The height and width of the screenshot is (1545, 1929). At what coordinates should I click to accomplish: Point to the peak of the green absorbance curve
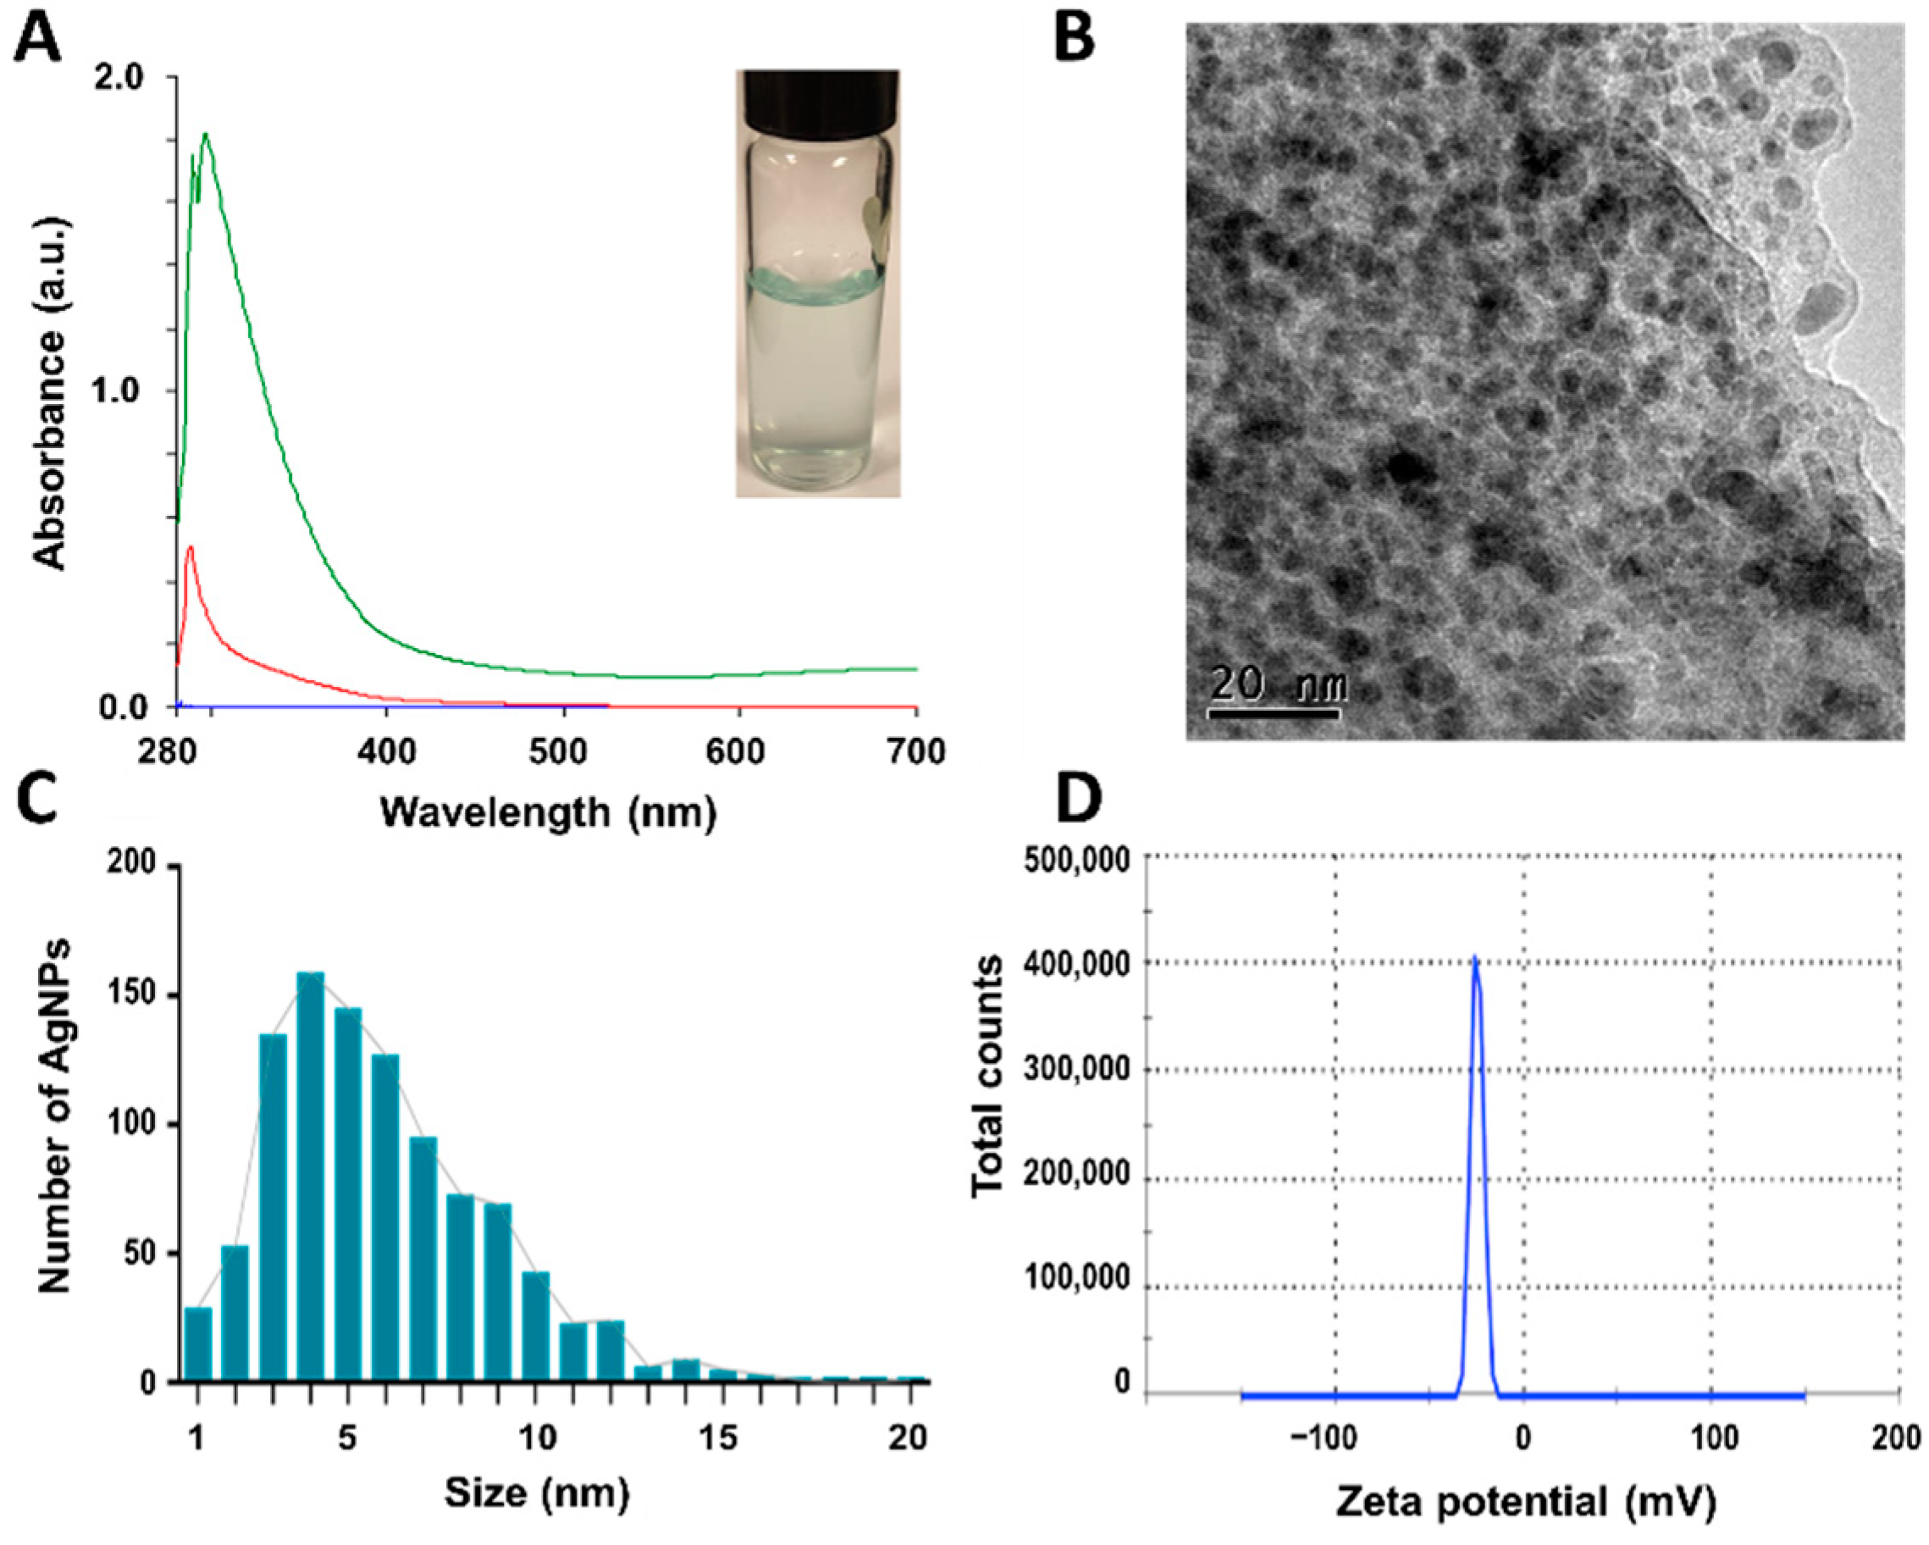pos(207,136)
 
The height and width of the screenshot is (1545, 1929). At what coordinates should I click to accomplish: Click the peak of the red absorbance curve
pos(190,547)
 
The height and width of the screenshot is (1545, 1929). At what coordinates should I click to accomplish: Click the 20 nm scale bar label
pos(1277,684)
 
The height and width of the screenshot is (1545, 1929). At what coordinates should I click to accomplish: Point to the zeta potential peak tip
pos(1474,958)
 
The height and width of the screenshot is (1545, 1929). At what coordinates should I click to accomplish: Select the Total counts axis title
pos(987,1074)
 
